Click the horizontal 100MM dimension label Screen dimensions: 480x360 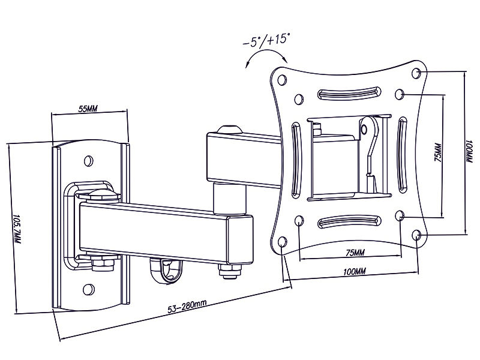pyautogui.click(x=353, y=272)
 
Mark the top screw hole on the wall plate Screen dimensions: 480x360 pyautogui.click(x=89, y=160)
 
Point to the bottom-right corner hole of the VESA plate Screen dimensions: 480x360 pyautogui.click(x=417, y=235)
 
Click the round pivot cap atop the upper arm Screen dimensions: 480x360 pyautogui.click(x=229, y=129)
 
